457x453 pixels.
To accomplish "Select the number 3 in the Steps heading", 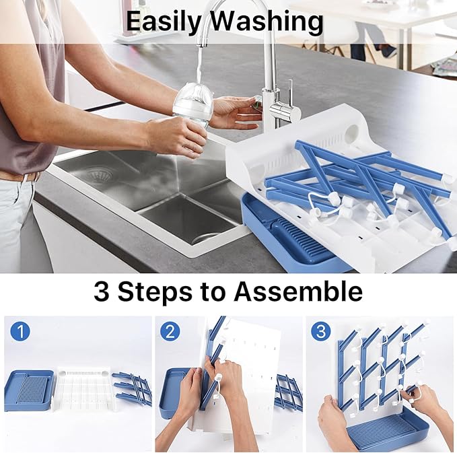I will (x=101, y=291).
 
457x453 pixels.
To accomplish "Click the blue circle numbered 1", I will (x=21, y=331).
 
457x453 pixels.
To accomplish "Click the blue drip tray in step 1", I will (x=28, y=390).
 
